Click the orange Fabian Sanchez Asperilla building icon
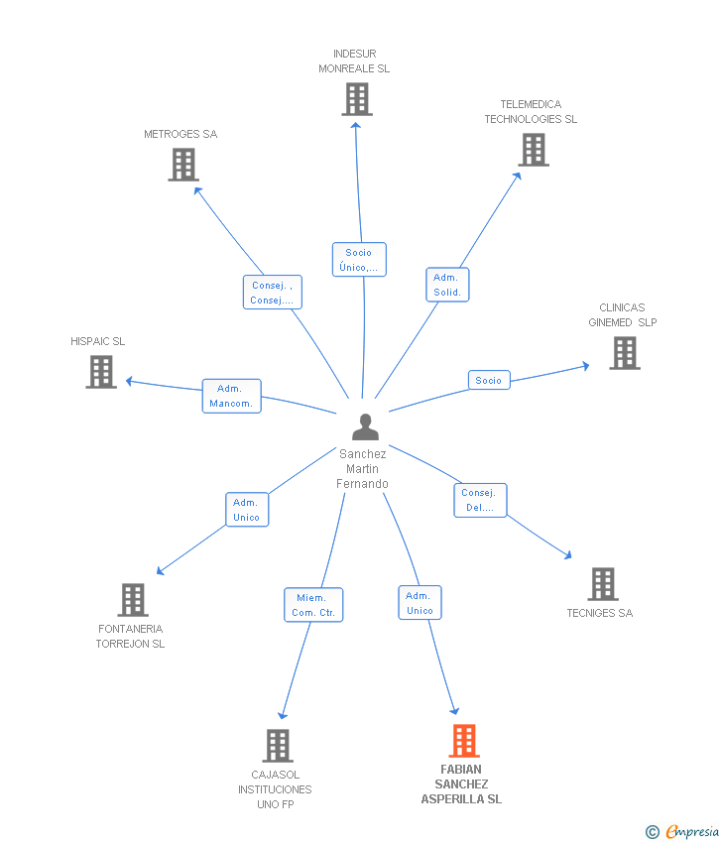[464, 741]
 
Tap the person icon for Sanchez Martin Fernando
[366, 427]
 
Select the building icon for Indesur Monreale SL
[357, 99]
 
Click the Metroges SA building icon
[183, 165]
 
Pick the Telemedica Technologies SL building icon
[534, 150]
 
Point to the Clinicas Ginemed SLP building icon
[625, 353]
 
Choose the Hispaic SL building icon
[101, 372]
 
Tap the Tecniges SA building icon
[603, 584]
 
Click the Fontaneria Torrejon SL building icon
[133, 600]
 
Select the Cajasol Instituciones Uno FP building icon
[278, 746]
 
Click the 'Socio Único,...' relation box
[359, 260]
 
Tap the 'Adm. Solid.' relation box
[447, 285]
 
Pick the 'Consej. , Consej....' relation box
[272, 293]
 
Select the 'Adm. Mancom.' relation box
[231, 396]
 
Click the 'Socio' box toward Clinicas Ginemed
[489, 380]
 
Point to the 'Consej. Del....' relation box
[481, 500]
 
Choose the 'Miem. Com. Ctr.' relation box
[313, 605]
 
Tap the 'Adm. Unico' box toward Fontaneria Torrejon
[246, 510]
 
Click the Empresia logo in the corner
[684, 832]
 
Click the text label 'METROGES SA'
[180, 134]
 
